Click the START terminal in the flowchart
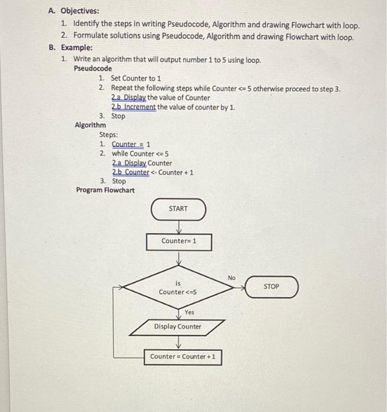(x=178, y=209)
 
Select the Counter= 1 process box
(x=178, y=241)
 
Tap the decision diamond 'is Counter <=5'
(x=178, y=287)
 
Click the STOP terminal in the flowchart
(x=272, y=287)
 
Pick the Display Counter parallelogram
(x=177, y=327)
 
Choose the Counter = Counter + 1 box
(x=183, y=357)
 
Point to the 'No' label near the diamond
(x=231, y=277)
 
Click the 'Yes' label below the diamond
(x=189, y=312)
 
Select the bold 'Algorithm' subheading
(x=91, y=125)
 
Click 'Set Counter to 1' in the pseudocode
(x=135, y=78)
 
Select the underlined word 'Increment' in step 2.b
(x=139, y=107)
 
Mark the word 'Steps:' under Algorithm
(x=108, y=134)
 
